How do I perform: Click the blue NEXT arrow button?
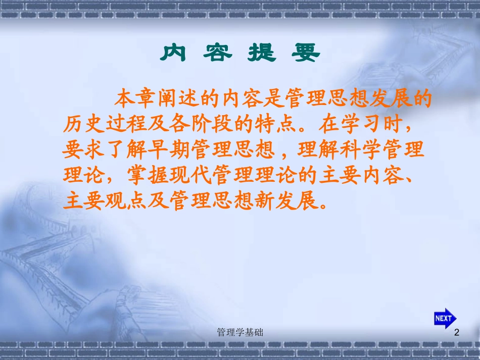tap(445, 318)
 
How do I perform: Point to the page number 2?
tap(457, 332)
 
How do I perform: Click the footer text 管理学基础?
tap(239, 332)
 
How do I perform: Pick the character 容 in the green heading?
tap(218, 53)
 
